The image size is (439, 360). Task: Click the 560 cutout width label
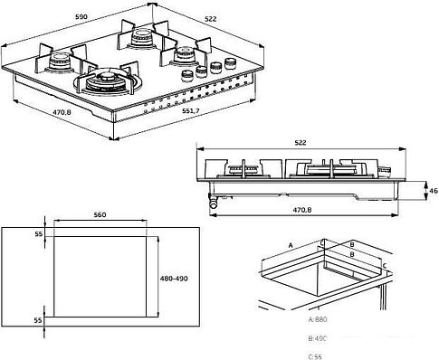pyautogui.click(x=100, y=215)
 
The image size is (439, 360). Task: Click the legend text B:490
pyautogui.click(x=319, y=337)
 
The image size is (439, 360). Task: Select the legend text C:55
pyautogui.click(x=317, y=354)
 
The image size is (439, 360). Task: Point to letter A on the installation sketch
pyautogui.click(x=291, y=245)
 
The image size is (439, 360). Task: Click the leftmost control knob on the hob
pyautogui.click(x=188, y=74)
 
